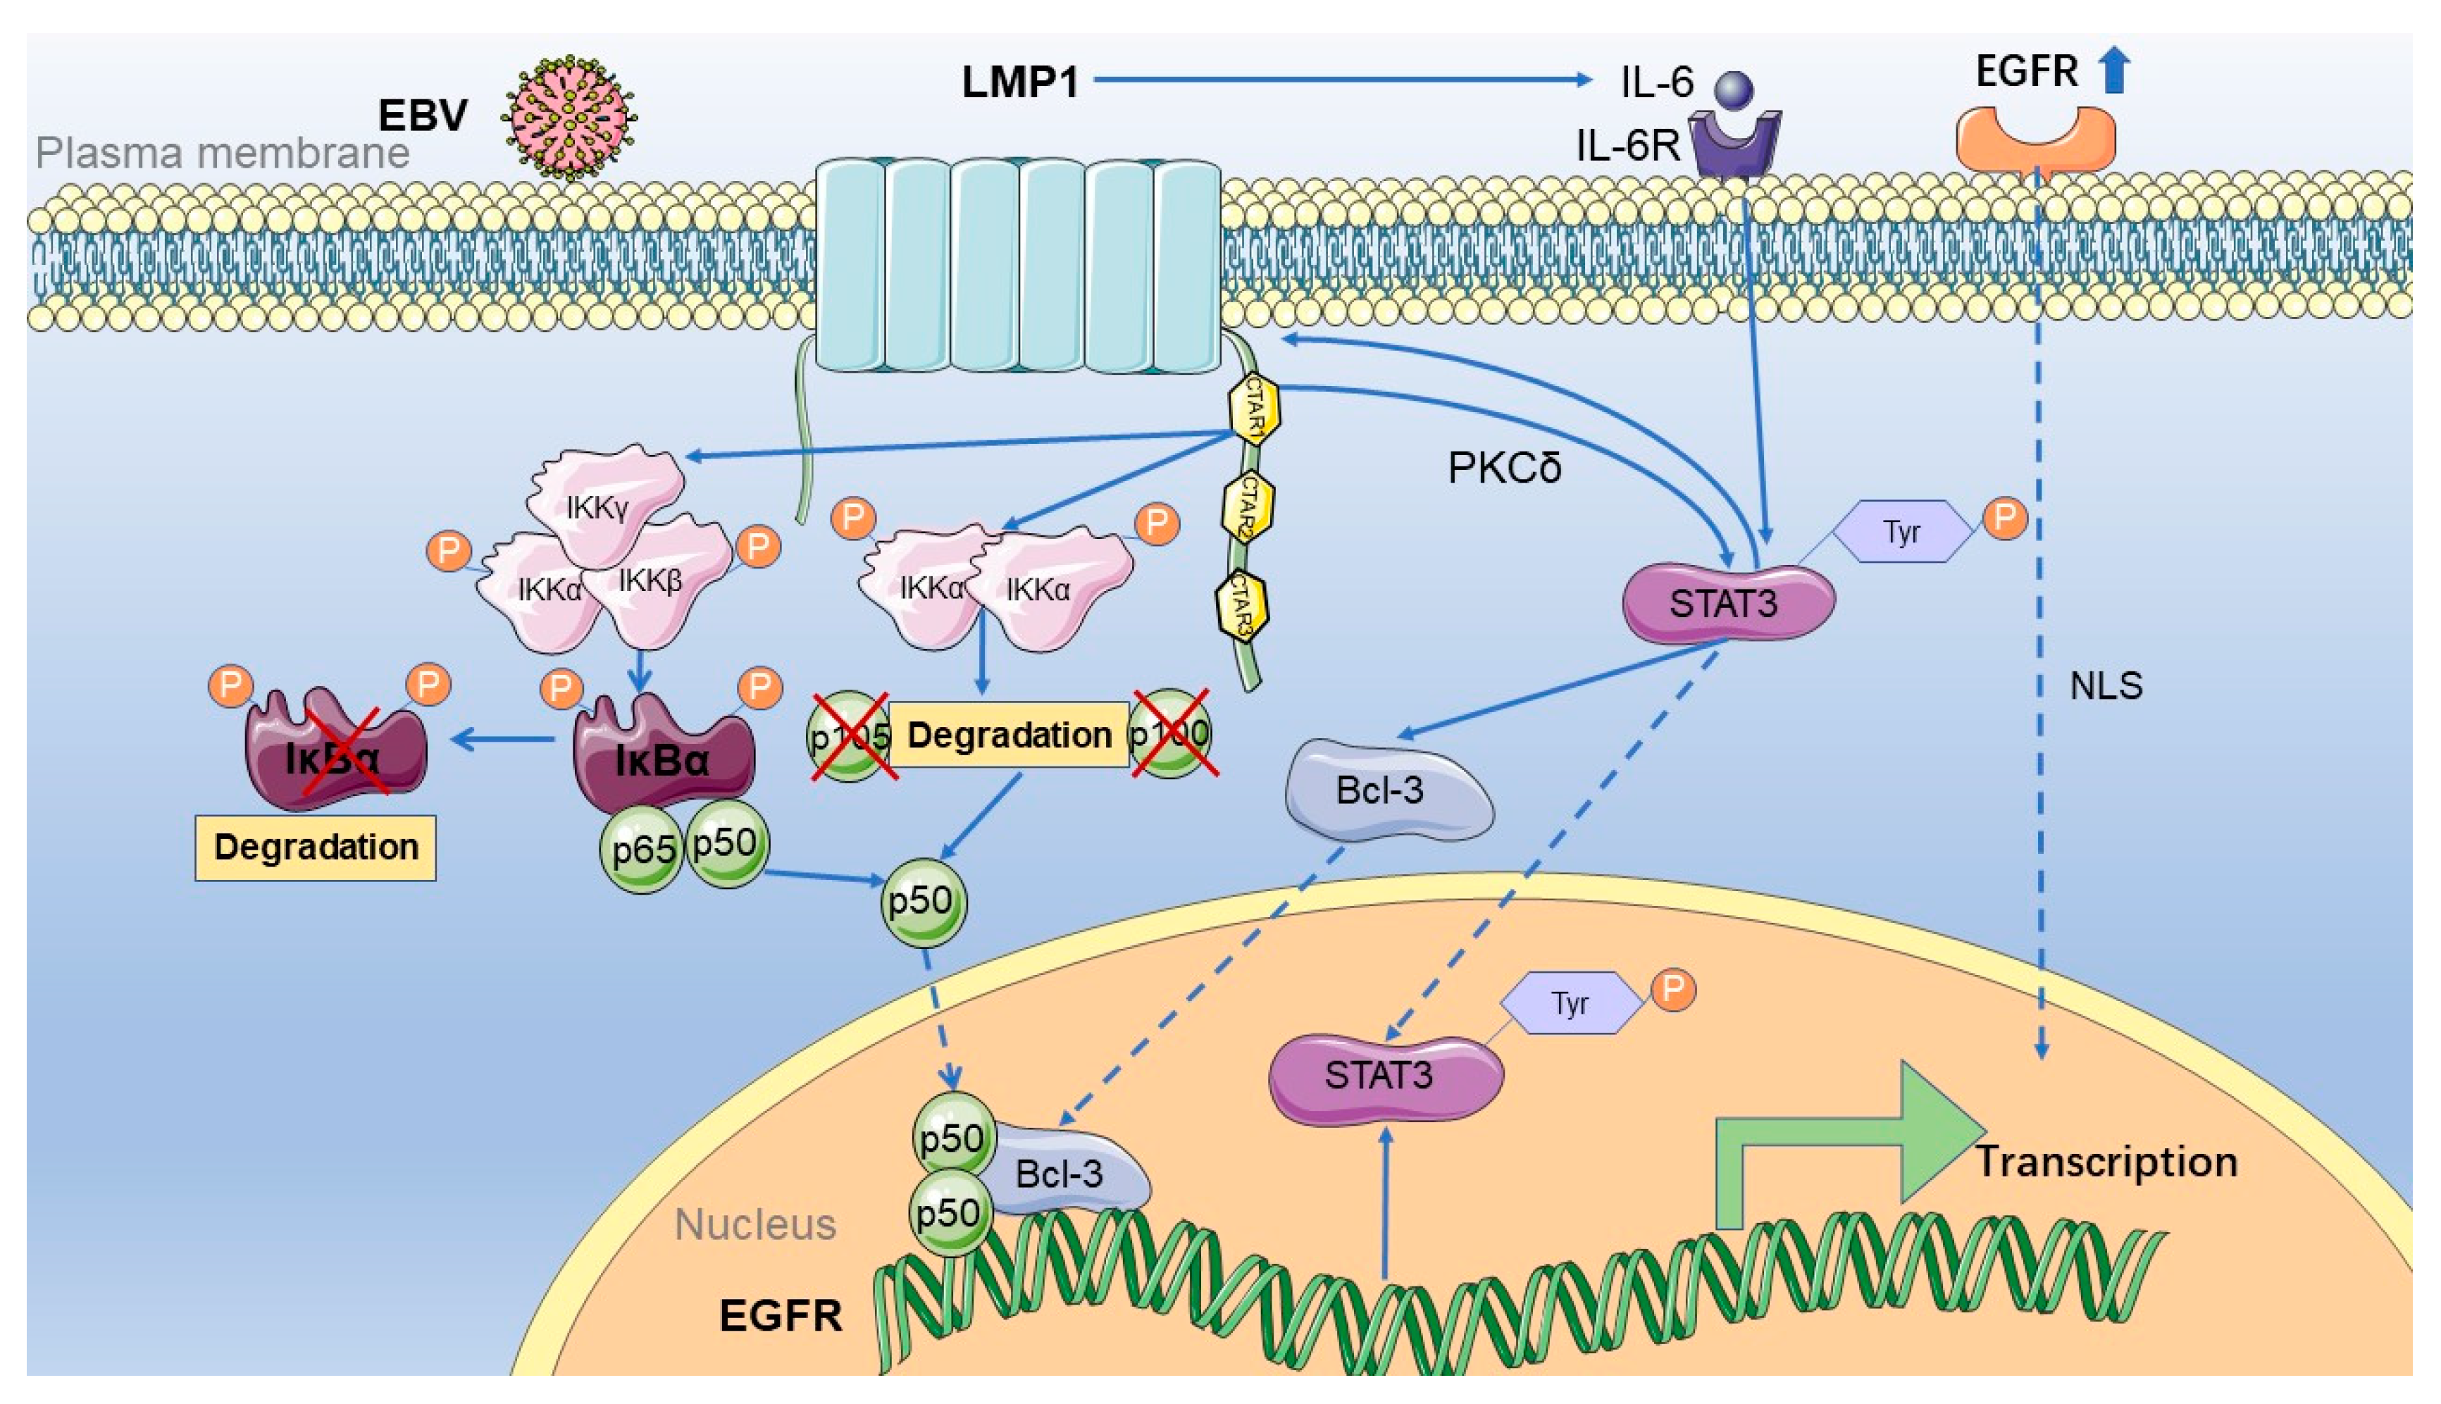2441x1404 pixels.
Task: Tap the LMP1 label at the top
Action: (1020, 82)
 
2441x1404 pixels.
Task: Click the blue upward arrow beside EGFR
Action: (2115, 70)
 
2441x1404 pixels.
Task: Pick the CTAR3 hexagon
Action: (1242, 607)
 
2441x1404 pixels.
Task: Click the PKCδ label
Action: (1504, 468)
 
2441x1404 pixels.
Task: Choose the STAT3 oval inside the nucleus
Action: (1384, 1075)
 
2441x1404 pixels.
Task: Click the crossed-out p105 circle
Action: (848, 735)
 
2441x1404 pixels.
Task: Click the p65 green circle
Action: (642, 850)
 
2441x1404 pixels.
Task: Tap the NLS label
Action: (2106, 685)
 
